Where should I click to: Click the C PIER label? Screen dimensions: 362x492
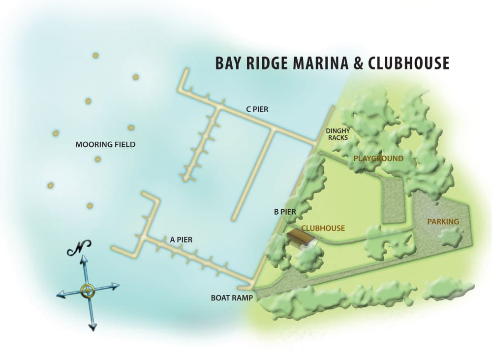click(x=257, y=109)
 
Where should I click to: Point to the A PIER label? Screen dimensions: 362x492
click(x=181, y=240)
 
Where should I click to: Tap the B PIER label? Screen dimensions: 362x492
click(x=284, y=212)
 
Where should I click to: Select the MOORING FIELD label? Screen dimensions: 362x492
click(x=105, y=145)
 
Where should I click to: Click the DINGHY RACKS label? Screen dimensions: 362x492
click(x=338, y=134)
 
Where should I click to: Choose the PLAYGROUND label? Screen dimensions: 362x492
click(x=378, y=159)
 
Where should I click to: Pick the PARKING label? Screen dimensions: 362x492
click(x=443, y=222)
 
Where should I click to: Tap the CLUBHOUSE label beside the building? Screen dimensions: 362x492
click(x=323, y=229)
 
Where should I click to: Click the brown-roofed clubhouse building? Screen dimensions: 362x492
click(x=300, y=237)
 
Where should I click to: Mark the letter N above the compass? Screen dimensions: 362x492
click(x=80, y=248)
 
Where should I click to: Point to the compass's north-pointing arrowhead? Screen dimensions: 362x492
click(x=84, y=259)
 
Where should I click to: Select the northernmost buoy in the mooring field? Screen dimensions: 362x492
click(x=95, y=56)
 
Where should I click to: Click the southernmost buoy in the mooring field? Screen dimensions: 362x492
click(x=90, y=205)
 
